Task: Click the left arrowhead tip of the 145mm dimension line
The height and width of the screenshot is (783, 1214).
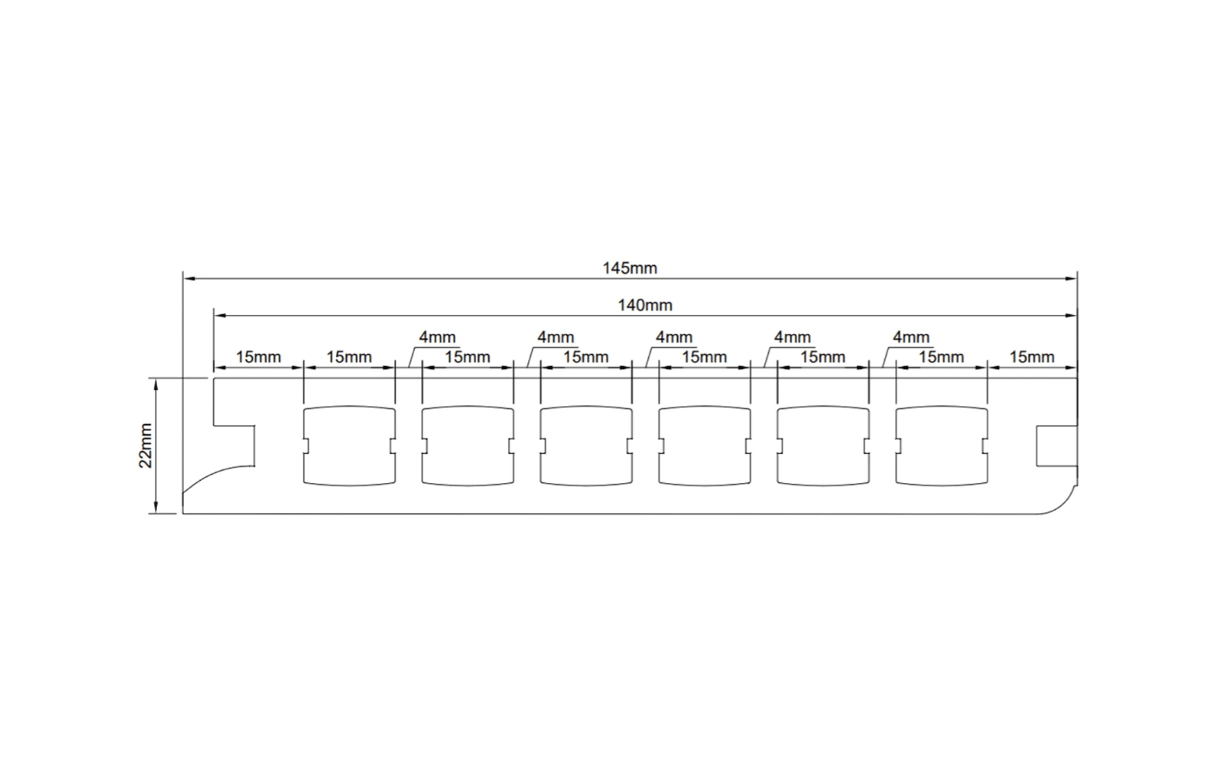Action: click(x=183, y=278)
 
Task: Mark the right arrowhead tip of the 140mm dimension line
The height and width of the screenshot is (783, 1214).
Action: click(x=1077, y=315)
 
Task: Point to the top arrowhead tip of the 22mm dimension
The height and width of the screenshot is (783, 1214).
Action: click(x=156, y=379)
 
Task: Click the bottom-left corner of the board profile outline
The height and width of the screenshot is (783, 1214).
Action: click(x=183, y=514)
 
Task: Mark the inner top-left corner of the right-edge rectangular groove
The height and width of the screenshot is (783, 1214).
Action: click(x=1037, y=426)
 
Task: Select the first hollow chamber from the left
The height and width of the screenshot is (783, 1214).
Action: click(x=349, y=445)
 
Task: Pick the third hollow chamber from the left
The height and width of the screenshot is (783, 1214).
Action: click(x=586, y=445)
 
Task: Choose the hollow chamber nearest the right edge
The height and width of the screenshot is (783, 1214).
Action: click(x=942, y=445)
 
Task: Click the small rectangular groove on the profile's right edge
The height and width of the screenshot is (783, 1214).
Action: click(x=1057, y=446)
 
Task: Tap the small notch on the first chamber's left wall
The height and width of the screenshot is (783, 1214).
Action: click(x=306, y=446)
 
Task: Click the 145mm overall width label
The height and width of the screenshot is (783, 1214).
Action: click(x=630, y=268)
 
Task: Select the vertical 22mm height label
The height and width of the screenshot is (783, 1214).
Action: click(x=146, y=446)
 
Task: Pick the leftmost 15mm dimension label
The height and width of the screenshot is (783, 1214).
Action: click(x=258, y=357)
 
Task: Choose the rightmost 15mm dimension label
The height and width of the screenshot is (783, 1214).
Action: click(x=1032, y=357)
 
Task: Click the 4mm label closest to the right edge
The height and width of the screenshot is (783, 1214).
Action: click(x=911, y=337)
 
